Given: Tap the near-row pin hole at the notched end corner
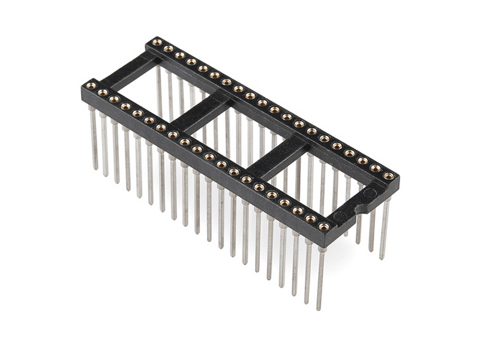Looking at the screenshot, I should tap(324, 226).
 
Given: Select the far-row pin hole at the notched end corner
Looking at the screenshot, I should tap(389, 176).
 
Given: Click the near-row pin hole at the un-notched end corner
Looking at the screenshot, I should tap(91, 86).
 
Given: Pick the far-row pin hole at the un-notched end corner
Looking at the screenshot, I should tap(157, 42).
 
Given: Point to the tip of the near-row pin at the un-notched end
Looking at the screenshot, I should tap(95, 168).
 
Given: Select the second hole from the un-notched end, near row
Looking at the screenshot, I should tap(102, 92).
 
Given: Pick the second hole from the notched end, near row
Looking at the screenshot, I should tap(310, 218).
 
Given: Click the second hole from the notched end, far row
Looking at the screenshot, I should tap(376, 168).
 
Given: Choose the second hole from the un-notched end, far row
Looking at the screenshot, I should tap(168, 49).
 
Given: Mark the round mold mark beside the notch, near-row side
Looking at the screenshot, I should tap(340, 216).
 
